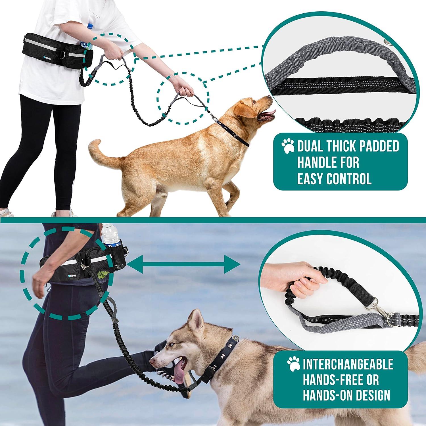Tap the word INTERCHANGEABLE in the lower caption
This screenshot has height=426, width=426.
(x=348, y=364)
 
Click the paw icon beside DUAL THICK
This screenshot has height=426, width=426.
(x=288, y=146)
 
